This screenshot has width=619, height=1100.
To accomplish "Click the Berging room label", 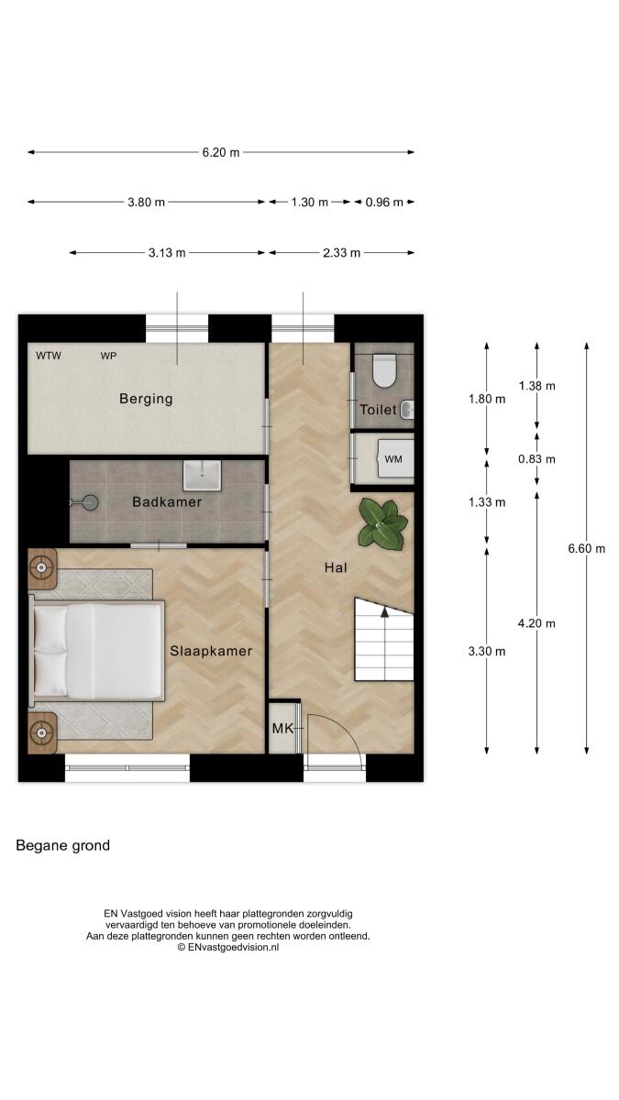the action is pos(146,399).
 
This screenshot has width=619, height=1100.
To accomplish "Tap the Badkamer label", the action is pos(167,502).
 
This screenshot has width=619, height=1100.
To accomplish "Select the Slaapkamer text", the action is pos(211,651).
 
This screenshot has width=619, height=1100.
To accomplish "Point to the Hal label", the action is pos(336,567).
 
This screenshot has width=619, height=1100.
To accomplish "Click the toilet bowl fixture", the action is pos(384,370).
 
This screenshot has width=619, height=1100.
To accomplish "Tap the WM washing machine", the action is pos(394,458).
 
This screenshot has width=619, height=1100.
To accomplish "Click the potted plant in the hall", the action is pos(382,523).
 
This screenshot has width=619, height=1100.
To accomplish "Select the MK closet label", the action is pos(282,728).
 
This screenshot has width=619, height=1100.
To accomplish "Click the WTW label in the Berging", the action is pos(49,356).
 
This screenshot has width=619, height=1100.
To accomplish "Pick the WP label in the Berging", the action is pos(108,356).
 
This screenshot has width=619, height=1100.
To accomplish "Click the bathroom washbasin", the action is pos(202,476).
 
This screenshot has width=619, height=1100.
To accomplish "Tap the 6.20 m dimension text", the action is pos(221,152).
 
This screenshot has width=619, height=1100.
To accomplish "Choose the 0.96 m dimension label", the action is pos(384,202).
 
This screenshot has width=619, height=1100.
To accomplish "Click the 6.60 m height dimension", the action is pos(587,548).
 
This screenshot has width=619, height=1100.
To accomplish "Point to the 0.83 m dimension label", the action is pos(537,459).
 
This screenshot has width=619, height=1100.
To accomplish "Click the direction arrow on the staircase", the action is pos(384,612).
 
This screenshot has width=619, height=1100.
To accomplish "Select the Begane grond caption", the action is pos(63,845).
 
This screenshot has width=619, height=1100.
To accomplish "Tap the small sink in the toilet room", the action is pos(408,410).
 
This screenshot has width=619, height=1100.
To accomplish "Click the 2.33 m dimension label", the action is pos(341,253).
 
